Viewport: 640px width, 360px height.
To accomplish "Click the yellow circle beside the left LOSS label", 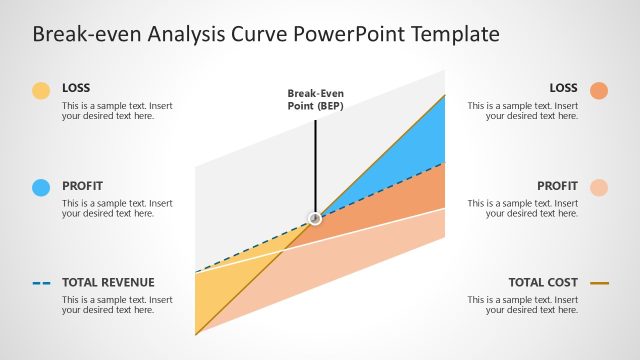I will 41,91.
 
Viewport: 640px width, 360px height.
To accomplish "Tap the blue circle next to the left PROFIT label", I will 41,187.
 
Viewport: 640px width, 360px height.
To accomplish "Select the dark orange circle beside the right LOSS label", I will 599,91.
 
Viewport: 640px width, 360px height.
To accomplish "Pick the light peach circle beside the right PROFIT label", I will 599,187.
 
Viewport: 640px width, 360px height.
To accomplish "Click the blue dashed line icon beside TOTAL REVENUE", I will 41,283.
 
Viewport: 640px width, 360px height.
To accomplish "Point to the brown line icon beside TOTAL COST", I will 599,283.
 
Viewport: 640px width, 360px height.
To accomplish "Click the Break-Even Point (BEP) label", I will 315,100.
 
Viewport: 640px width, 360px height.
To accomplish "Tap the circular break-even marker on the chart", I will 315,218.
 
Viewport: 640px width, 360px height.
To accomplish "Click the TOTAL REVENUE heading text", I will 108,283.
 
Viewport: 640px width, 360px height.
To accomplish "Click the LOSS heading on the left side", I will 75,88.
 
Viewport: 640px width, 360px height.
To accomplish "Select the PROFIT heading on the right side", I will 557,186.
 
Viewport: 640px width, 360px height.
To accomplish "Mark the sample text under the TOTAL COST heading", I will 522,305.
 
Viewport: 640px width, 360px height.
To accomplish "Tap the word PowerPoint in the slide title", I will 343,35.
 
